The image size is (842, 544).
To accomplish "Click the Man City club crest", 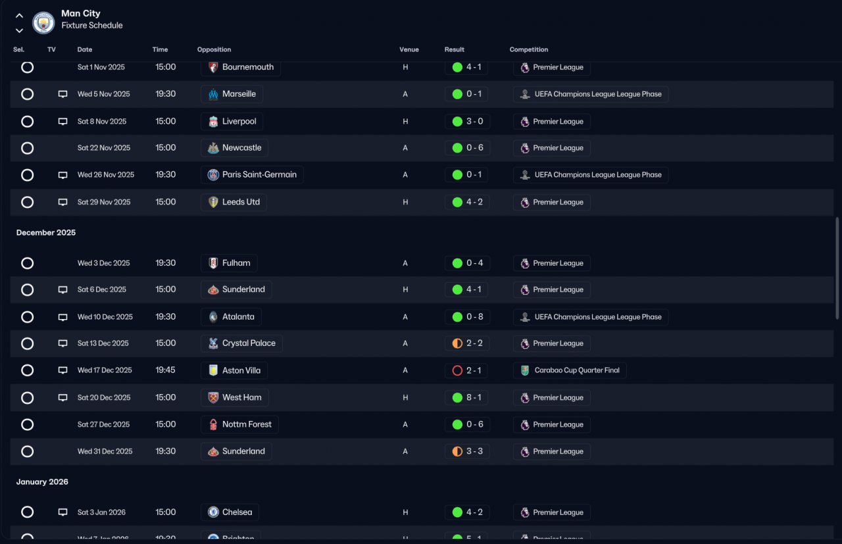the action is pos(43,22).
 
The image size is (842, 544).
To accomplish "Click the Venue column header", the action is pos(409,49).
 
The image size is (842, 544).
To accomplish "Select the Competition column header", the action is pos(528,49).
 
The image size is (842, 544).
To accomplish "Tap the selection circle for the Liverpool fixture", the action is pos(27,122).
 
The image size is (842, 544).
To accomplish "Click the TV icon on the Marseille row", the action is pos(62,94).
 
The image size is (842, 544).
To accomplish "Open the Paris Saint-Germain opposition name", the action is pos(259,174).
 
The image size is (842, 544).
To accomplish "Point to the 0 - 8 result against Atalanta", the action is pos(474,316).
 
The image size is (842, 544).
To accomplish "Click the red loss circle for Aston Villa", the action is pos(457,370).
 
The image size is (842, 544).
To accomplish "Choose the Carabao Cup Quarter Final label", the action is pos(577,370).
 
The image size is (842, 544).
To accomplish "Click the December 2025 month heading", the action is pos(46,232).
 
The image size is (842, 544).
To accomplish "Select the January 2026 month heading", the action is pos(42,482).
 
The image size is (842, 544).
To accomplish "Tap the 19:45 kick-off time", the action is pos(165,370).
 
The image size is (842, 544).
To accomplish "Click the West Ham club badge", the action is pos(213,397).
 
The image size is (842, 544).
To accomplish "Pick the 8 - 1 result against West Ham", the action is pos(474,397).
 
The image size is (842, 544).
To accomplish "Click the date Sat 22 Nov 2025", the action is pos(104,148).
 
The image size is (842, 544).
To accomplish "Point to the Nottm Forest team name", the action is pos(247,424).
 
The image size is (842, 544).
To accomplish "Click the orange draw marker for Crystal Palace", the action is pos(457,343).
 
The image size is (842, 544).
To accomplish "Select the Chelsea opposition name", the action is pos(237,512).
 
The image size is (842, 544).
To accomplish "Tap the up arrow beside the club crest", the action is pos(19,16).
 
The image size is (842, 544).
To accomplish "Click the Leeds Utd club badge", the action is pos(213,202).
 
